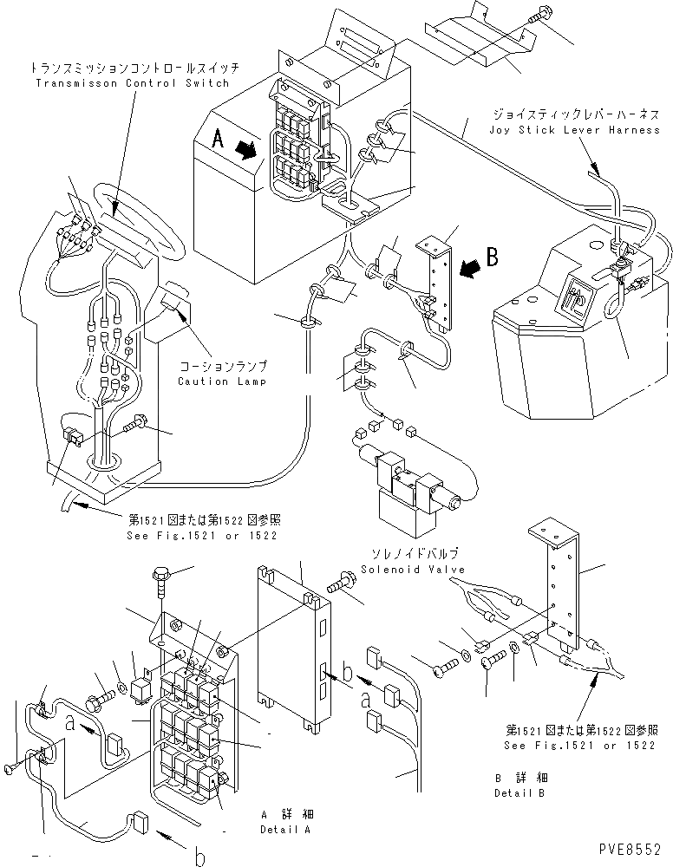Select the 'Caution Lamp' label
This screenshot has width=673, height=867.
[215, 381]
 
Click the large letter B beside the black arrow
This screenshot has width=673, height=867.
[492, 257]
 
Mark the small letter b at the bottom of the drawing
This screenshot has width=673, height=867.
[199, 857]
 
